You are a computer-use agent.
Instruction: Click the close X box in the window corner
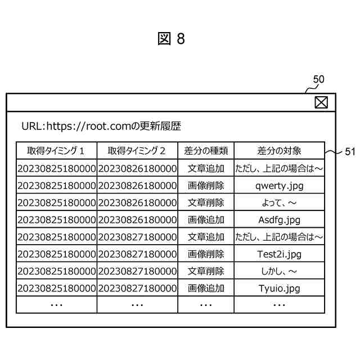[321, 102]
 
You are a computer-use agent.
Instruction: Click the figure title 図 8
[172, 39]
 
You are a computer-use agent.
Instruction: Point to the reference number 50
[318, 80]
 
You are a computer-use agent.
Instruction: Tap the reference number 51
[349, 151]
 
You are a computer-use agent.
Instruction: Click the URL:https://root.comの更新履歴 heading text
[101, 127]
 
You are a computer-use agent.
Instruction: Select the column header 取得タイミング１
[56, 151]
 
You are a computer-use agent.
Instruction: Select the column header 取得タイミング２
[137, 151]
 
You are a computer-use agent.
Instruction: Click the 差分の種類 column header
[206, 151]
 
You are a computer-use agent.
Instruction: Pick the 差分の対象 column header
[279, 151]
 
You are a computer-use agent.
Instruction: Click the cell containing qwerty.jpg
[279, 185]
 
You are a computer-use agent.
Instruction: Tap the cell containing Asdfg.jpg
[279, 219]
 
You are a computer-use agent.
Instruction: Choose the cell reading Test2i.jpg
[279, 254]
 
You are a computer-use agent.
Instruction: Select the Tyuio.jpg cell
[279, 289]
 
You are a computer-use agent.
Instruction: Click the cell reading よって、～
[279, 202]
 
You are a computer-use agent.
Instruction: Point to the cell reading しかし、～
[279, 271]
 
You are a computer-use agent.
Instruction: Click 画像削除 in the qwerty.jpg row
[206, 185]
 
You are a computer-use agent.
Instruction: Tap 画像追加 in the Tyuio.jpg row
[206, 289]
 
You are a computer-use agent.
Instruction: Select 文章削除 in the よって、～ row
[206, 202]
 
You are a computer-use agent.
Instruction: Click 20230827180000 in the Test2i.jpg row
[137, 254]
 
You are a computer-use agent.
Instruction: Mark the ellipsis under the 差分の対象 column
[279, 304]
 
